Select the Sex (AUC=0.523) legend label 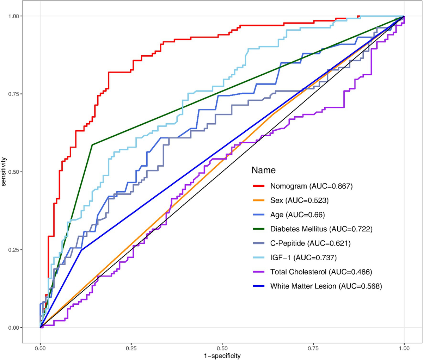click(x=299, y=201)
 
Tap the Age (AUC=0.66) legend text click(x=297, y=215)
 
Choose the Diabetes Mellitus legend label click(x=321, y=229)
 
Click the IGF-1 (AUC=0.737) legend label click(x=304, y=258)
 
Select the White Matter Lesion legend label click(x=326, y=286)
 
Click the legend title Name click(x=263, y=170)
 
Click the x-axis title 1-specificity click(x=222, y=355)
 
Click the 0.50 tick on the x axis click(x=222, y=347)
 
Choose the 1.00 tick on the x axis click(x=404, y=347)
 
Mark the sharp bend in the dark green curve click(x=92, y=145)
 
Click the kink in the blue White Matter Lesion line click(x=81, y=250)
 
